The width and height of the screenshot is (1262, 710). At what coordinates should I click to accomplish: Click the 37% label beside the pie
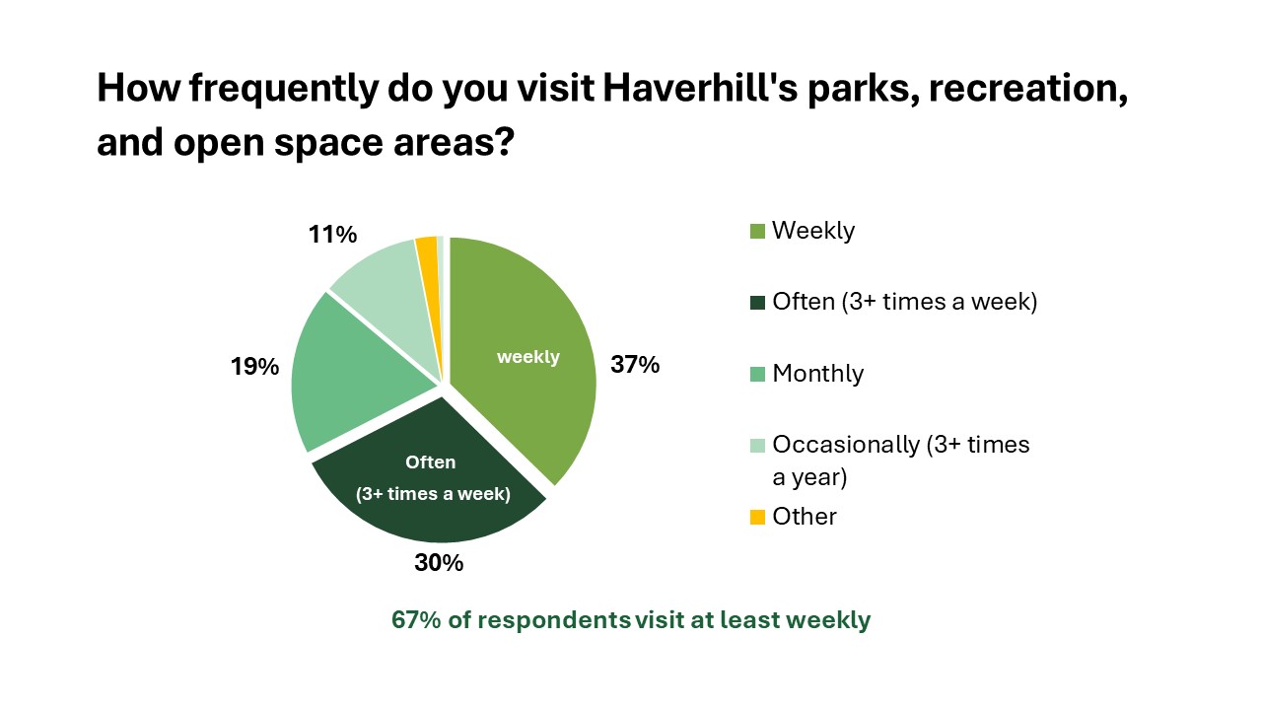(x=635, y=365)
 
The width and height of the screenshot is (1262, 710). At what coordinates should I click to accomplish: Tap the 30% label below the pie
(x=439, y=562)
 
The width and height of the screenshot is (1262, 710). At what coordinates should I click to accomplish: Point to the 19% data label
(x=254, y=367)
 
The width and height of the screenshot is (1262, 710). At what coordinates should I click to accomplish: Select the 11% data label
(x=332, y=235)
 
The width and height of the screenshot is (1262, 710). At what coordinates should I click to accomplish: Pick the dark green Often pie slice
(x=428, y=479)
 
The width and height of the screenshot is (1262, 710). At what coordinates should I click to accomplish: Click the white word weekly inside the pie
(x=528, y=357)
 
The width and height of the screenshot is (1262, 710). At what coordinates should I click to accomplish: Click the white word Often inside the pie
(x=431, y=462)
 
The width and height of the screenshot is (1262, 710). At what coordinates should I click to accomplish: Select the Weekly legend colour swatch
(x=757, y=231)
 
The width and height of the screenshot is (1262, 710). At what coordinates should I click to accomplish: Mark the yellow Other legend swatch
(x=757, y=517)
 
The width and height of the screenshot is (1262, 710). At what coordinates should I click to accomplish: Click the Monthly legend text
(x=818, y=374)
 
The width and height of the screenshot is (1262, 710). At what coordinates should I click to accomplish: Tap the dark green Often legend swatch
(x=757, y=303)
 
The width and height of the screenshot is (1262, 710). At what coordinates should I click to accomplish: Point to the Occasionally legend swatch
(x=757, y=445)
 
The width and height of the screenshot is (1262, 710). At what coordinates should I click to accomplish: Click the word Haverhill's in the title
(x=700, y=88)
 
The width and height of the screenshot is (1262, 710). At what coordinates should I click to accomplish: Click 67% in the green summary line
(x=416, y=620)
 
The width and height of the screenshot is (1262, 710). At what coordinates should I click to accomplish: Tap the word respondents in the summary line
(x=554, y=621)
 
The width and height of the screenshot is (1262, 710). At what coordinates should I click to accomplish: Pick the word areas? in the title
(x=454, y=142)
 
